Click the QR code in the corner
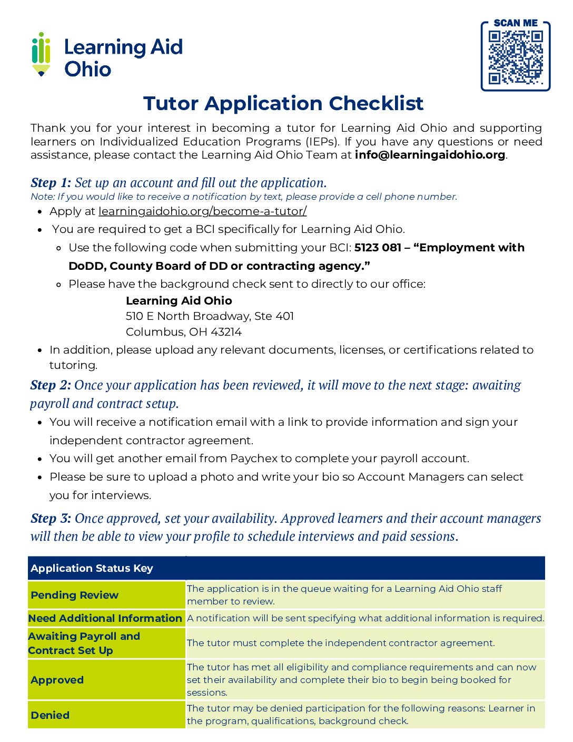(x=516, y=57)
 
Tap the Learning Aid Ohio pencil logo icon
(x=41, y=54)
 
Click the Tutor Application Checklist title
(x=283, y=103)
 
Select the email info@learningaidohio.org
(x=430, y=155)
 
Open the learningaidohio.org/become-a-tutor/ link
(x=202, y=211)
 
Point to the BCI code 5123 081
(x=378, y=248)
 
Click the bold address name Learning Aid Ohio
(x=179, y=301)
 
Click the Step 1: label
(x=51, y=183)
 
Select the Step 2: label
(x=51, y=385)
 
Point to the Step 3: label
(x=51, y=519)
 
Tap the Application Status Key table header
(x=92, y=568)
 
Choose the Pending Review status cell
(x=75, y=595)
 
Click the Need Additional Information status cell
(x=105, y=618)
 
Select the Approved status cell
(x=57, y=680)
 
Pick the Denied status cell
(x=51, y=715)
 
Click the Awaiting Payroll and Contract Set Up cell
(x=84, y=643)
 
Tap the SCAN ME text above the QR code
(x=516, y=23)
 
